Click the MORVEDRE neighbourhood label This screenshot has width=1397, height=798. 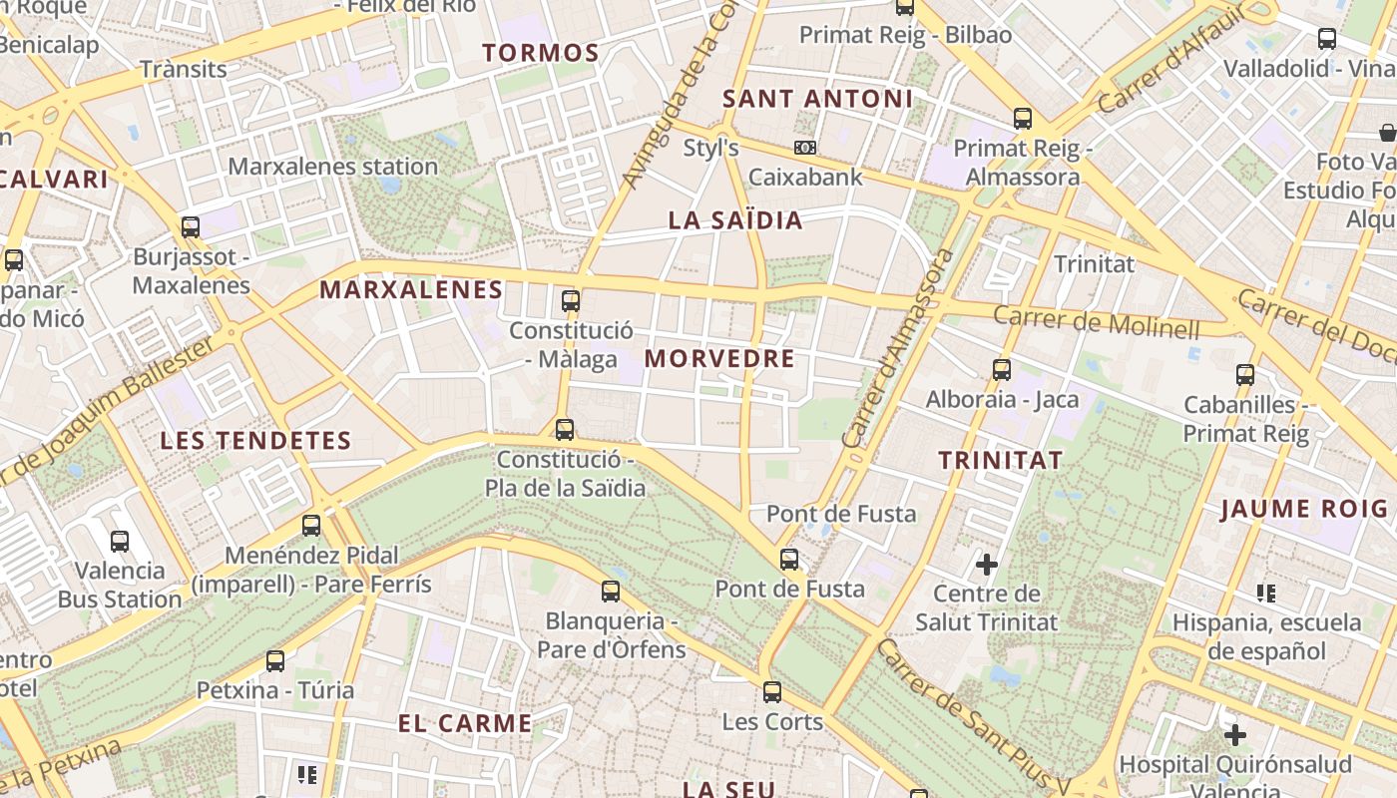tap(719, 359)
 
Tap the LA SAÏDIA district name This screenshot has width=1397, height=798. tap(735, 220)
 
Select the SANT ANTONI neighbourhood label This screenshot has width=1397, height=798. tap(817, 99)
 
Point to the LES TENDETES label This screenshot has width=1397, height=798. tap(255, 440)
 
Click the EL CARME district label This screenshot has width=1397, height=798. tap(465, 723)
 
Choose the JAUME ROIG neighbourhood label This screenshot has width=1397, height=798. tap(1304, 509)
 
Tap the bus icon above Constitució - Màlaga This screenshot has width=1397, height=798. tap(571, 300)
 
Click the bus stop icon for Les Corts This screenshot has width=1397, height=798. tap(771, 692)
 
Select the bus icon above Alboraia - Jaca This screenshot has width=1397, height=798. tap(1002, 370)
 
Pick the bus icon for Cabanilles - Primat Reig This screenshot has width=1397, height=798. tap(1245, 375)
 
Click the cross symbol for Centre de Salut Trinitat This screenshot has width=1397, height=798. tap(986, 565)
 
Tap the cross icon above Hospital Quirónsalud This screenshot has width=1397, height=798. tap(1235, 735)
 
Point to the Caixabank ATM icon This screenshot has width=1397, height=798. tap(805, 148)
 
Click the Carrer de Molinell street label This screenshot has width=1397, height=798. tap(1097, 321)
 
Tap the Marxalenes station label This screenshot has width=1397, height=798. tap(333, 167)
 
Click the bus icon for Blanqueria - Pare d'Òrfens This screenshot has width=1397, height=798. tap(611, 592)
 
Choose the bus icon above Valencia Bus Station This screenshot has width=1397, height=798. tap(120, 542)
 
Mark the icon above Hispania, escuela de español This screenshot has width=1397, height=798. tap(1266, 594)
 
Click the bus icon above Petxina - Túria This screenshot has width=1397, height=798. tap(275, 660)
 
